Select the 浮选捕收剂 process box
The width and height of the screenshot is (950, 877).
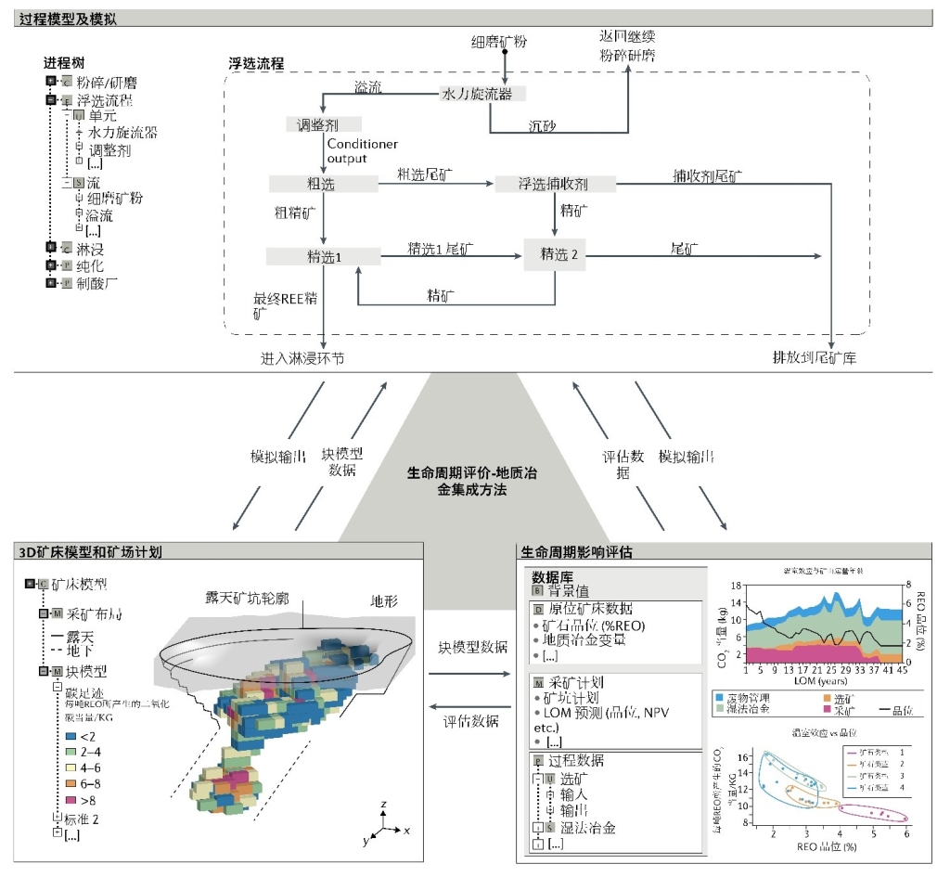(554, 184)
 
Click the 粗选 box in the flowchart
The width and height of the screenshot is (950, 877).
(321, 184)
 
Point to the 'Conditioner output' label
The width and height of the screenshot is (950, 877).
(362, 151)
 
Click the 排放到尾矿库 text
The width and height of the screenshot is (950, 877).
(815, 357)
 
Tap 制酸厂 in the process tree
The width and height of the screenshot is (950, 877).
(96, 282)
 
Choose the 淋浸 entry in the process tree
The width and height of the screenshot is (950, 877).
(90, 248)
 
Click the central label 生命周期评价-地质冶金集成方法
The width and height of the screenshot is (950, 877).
(472, 480)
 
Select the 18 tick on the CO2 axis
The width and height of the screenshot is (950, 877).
(735, 586)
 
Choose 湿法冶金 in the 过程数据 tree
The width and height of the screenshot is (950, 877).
(587, 827)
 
